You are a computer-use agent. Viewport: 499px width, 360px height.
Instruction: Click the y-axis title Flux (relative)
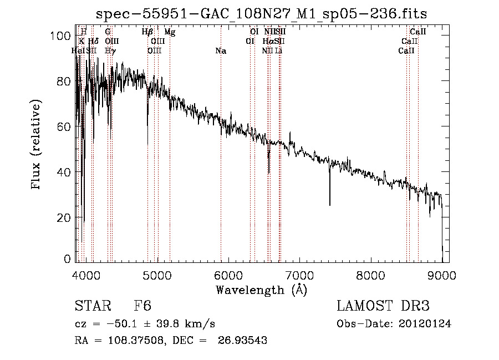(x=37, y=145)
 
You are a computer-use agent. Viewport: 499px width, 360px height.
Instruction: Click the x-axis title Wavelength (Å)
(x=261, y=290)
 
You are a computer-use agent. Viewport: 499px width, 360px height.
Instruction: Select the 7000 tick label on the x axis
(x=300, y=275)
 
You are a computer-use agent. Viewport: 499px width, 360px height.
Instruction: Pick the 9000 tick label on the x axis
(x=442, y=275)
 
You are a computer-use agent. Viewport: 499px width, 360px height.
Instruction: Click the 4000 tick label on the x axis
(x=86, y=275)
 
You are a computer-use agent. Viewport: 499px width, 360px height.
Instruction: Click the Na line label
(x=221, y=51)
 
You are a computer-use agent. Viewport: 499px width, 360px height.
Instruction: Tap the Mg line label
(x=170, y=32)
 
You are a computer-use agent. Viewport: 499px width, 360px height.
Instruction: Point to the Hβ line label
(x=147, y=32)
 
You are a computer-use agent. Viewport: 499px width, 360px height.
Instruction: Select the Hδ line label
(x=93, y=42)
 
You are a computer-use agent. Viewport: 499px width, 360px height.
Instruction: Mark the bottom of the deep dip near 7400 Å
(x=330, y=205)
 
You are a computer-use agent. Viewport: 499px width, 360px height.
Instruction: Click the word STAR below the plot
(x=91, y=306)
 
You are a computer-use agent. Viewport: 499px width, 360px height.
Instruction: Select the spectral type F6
(x=142, y=306)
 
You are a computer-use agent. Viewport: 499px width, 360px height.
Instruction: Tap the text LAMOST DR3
(x=383, y=306)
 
